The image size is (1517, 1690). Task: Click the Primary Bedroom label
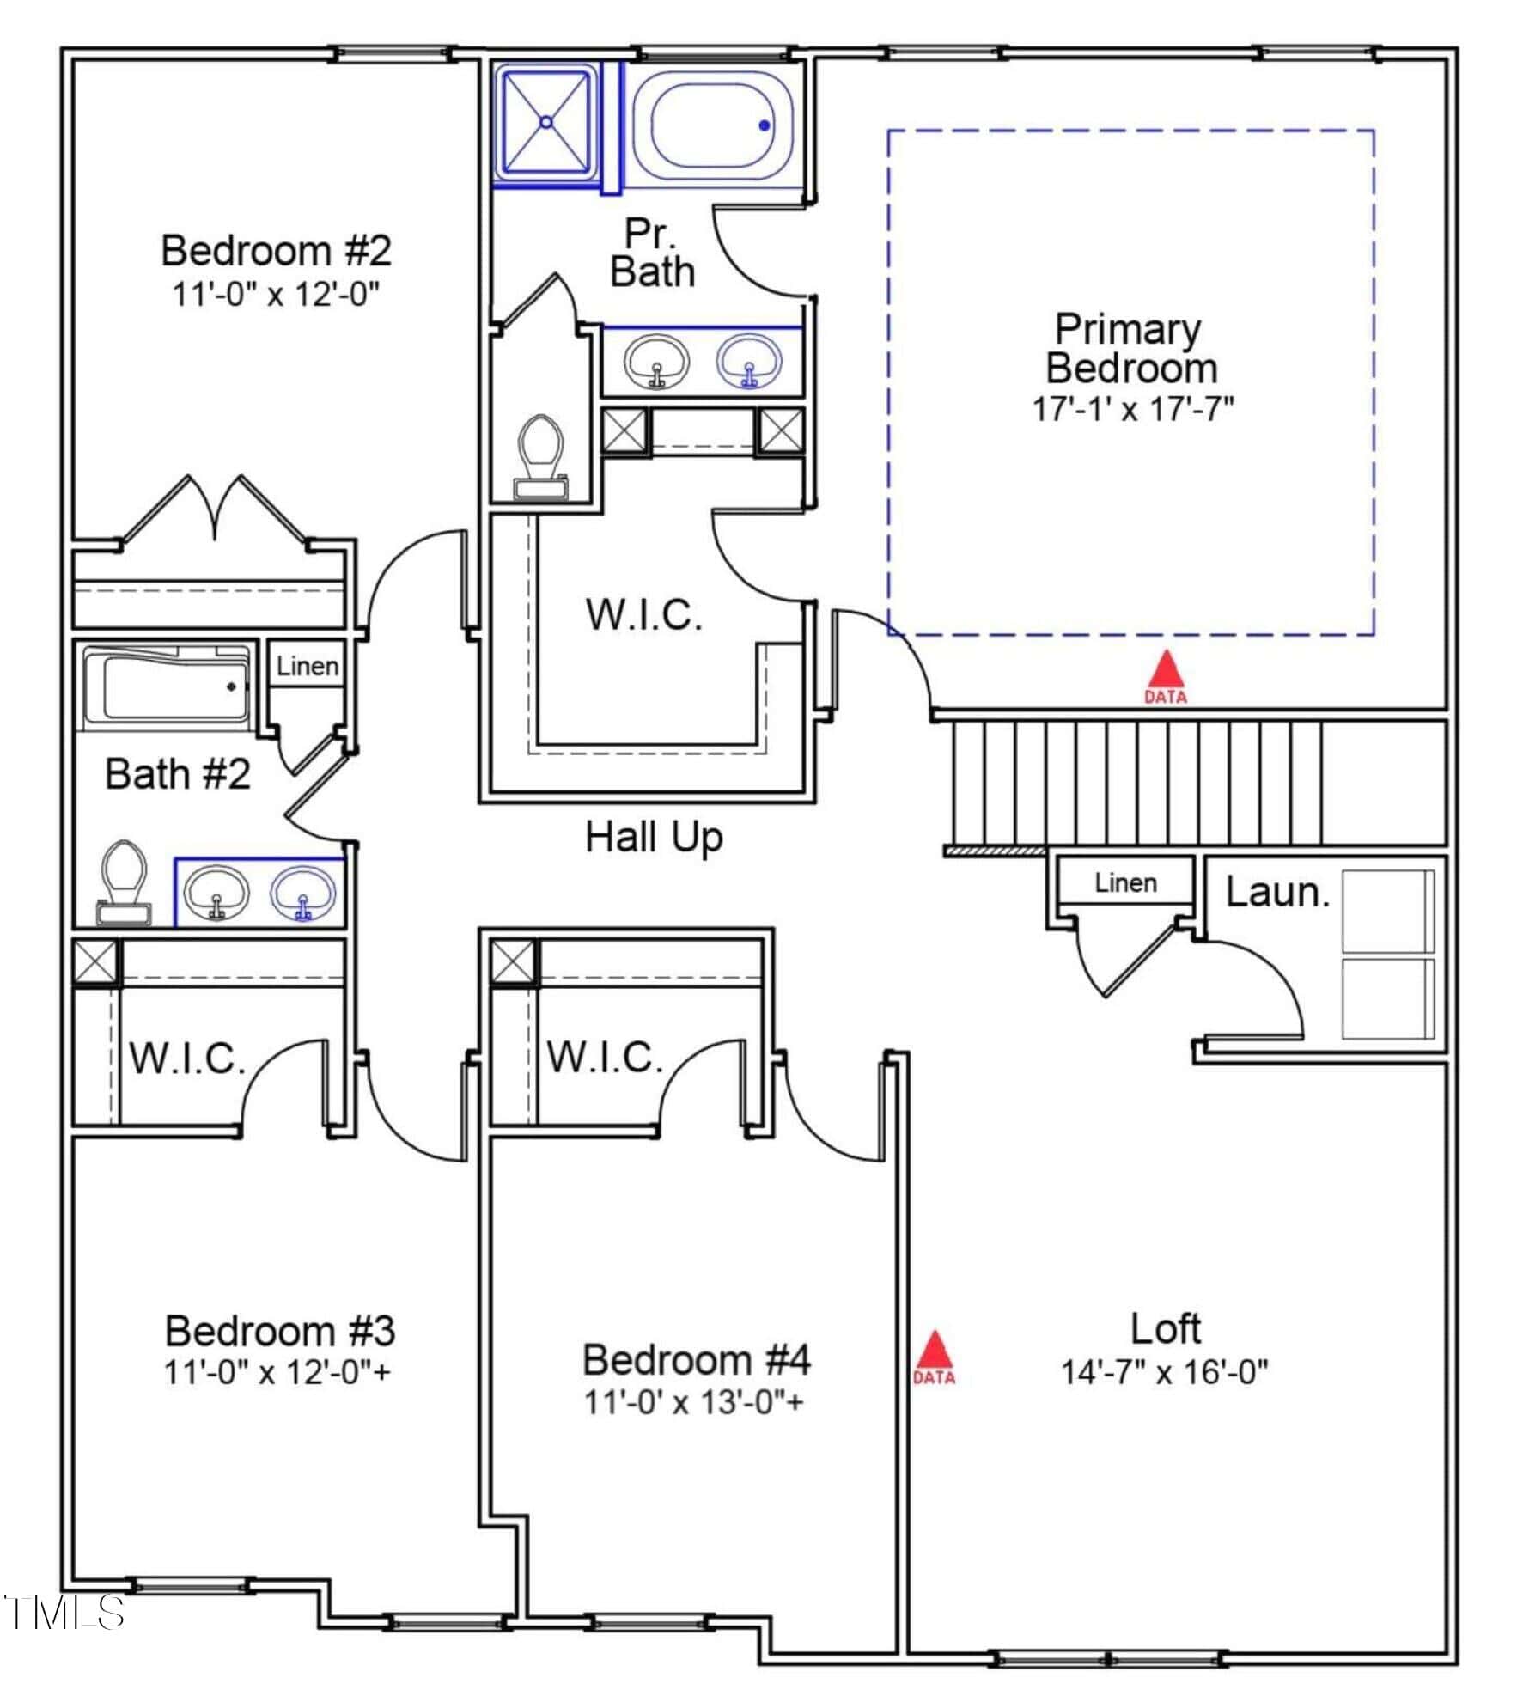1130,349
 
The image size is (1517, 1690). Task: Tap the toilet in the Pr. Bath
540,455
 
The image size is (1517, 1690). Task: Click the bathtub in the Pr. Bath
713,125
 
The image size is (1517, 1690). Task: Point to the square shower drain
546,122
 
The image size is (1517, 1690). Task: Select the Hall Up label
654,836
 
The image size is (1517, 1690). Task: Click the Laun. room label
1276,893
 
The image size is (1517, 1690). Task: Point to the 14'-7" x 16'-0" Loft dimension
1164,1372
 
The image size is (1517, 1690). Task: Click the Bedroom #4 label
696,1359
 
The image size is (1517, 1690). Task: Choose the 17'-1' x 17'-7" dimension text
1132,409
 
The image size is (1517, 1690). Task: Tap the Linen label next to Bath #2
307,666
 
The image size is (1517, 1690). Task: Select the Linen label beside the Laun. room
1125,882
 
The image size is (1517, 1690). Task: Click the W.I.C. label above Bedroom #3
187,1059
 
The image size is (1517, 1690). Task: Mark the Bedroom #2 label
276,251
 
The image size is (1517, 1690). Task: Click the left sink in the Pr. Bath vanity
656,362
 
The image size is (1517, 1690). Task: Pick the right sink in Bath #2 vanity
302,892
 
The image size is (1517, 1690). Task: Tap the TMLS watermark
64,1613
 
